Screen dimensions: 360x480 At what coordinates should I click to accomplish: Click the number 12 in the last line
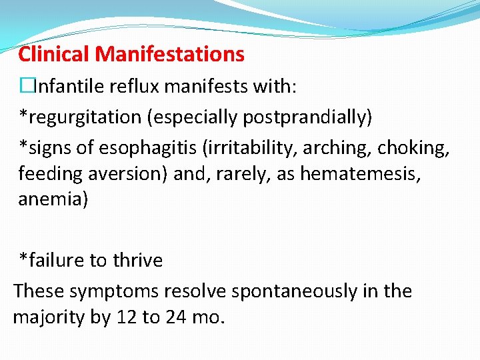point(127,317)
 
